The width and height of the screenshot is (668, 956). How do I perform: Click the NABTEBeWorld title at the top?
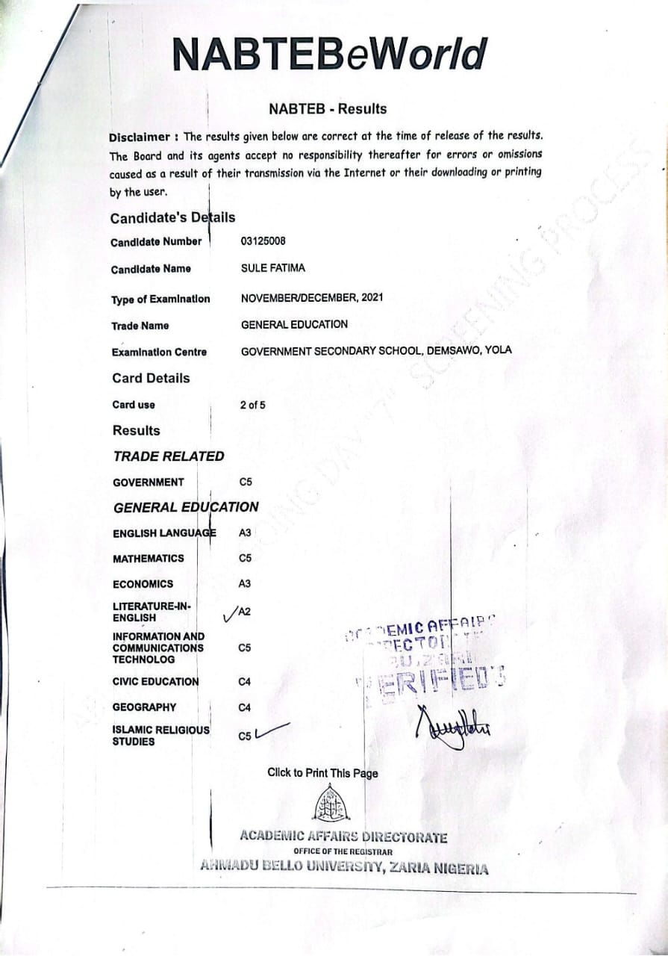tap(329, 55)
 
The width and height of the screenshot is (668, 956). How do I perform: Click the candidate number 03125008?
tap(263, 241)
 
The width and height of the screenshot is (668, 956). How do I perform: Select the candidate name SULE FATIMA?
tap(272, 268)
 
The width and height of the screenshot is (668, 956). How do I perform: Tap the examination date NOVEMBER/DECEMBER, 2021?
tap(312, 297)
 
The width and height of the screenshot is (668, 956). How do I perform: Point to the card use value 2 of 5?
tap(252, 405)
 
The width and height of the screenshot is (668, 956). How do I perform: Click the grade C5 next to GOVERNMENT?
tap(246, 482)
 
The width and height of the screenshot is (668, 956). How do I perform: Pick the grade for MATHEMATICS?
tap(245, 559)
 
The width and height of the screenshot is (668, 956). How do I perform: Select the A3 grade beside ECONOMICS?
tap(245, 584)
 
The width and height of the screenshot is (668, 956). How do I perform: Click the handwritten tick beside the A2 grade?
tap(229, 615)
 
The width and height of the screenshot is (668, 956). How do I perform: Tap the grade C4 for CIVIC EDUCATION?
tap(244, 682)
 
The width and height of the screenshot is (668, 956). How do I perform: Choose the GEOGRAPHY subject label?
tap(145, 707)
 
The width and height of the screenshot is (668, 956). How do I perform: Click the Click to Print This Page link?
tap(322, 773)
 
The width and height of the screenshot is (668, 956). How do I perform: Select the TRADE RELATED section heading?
tap(168, 456)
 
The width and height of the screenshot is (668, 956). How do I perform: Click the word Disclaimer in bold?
tap(140, 137)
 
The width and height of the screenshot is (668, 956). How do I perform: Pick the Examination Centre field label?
tap(159, 352)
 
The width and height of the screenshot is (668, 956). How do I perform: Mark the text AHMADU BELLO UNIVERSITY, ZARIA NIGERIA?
tap(344, 868)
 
